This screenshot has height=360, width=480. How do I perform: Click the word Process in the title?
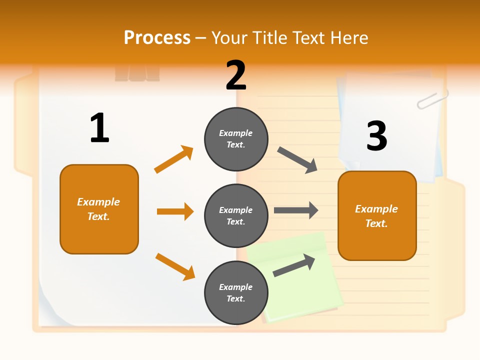157,37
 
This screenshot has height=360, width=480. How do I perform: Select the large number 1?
99,128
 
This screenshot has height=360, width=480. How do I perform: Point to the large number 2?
236,75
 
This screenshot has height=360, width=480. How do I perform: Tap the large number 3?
377,136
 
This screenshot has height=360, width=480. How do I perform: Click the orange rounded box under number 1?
99,209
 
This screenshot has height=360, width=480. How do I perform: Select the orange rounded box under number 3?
377,215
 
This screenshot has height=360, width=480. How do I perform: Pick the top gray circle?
236,139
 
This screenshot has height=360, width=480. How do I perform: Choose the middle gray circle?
236,215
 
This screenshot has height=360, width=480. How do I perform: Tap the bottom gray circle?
236,292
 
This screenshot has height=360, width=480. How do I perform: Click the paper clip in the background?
432,98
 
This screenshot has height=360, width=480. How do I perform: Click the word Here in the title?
349,37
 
